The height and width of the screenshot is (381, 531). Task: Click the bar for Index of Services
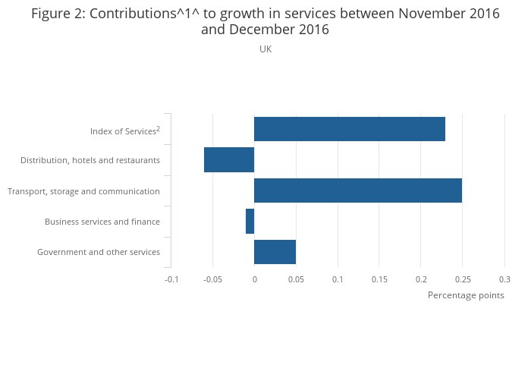pos(349,129)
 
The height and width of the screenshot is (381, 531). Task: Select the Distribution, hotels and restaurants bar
pos(229,160)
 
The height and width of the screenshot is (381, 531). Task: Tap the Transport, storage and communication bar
pos(357,190)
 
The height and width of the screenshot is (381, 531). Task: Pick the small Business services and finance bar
pos(250,221)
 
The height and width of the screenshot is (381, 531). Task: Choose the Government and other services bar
pos(275,251)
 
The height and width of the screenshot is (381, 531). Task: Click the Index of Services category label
pos(122,131)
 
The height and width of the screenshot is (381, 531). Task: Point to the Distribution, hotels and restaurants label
pos(90,160)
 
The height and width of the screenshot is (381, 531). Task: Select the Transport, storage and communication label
pos(83,191)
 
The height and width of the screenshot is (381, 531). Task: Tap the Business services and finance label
pos(102,222)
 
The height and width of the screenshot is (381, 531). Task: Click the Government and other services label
pos(99,252)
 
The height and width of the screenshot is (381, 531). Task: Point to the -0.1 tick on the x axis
pos(171,279)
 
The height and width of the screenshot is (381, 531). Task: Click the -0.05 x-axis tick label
pos(213,279)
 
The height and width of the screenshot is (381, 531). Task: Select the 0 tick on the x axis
pos(255,279)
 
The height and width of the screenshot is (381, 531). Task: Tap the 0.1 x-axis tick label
pos(338,279)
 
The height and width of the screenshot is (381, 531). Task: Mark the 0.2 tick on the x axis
pos(421,279)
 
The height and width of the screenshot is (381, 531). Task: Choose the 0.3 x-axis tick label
pos(504,279)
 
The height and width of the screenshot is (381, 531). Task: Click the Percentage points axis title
pos(466,295)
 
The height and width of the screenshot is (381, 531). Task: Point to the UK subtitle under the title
pos(265,49)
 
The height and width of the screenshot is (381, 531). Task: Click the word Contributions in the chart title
pos(131,14)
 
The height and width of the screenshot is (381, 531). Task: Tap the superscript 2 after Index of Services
pos(158,128)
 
